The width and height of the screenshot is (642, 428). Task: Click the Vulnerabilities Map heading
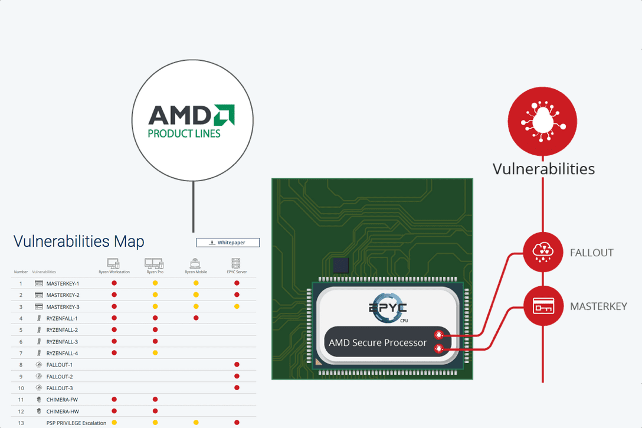(78, 241)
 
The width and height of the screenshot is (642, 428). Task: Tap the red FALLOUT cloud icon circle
(543, 253)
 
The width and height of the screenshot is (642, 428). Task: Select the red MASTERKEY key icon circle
(543, 306)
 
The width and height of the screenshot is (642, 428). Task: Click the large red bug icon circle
(542, 121)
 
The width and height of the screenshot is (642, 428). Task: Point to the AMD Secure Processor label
(378, 342)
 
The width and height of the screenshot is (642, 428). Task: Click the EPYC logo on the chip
(386, 309)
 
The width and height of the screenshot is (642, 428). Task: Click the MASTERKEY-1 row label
(63, 283)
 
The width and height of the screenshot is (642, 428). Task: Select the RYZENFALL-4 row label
(62, 353)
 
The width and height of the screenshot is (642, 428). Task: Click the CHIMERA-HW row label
(63, 411)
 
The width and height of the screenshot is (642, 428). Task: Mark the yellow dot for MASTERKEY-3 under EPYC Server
(237, 306)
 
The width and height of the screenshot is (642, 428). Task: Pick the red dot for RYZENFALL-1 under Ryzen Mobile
(196, 318)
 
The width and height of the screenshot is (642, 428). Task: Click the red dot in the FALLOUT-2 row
(237, 376)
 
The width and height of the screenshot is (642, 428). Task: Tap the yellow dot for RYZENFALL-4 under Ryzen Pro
(155, 353)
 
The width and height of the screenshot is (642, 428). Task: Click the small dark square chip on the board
(341, 266)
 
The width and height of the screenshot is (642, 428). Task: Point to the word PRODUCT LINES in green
(184, 133)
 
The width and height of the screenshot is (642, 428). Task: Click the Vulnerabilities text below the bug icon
(543, 169)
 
